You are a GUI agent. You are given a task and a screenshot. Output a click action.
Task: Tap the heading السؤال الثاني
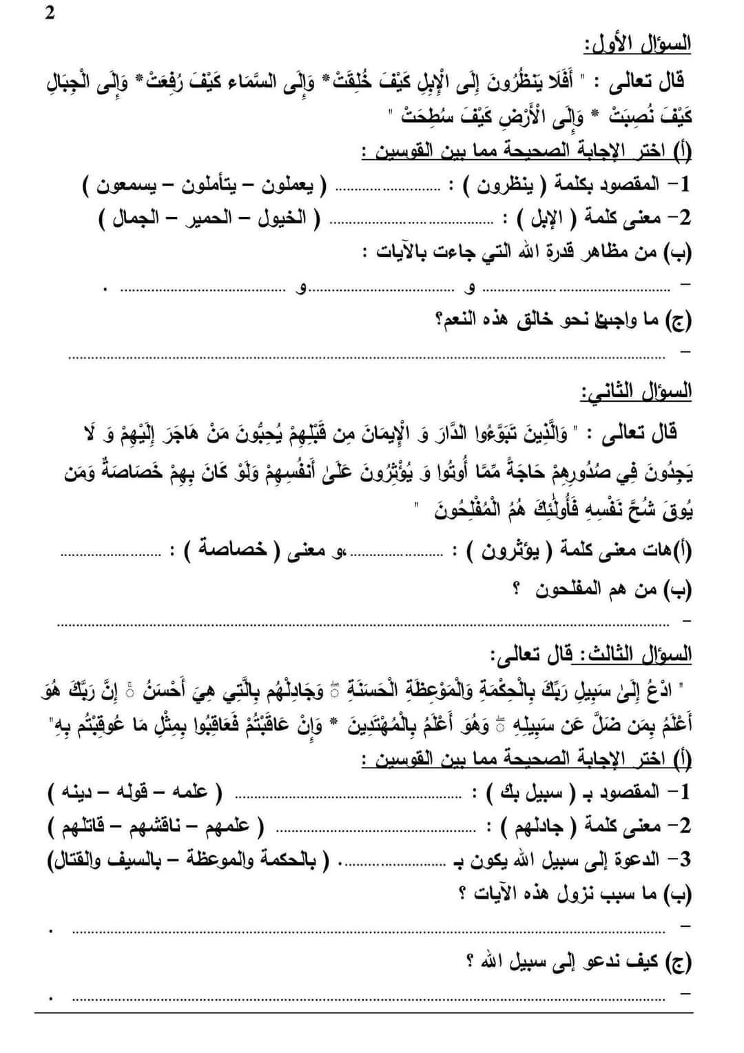[x=635, y=391]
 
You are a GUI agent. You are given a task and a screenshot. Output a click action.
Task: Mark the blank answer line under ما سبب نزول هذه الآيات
[x=372, y=931]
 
